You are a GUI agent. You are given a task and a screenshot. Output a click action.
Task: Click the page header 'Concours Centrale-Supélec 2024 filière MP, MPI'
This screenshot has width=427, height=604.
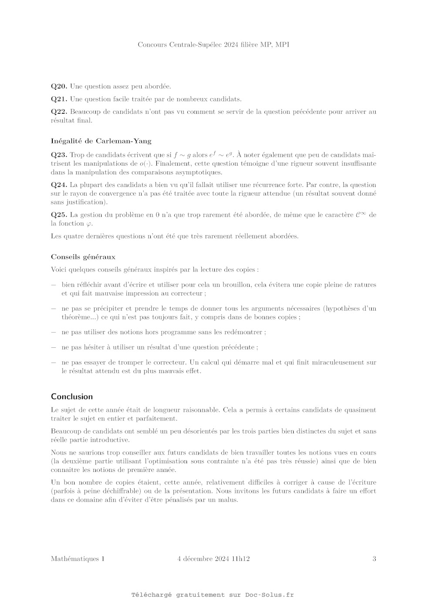click(213, 44)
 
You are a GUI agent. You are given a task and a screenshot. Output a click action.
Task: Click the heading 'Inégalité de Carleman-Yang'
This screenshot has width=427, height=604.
click(101, 141)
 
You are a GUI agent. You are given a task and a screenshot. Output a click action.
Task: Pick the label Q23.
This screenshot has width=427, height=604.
click(59, 155)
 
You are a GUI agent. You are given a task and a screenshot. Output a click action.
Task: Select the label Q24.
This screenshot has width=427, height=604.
click(59, 185)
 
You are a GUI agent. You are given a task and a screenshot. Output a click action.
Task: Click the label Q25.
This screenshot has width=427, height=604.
click(59, 215)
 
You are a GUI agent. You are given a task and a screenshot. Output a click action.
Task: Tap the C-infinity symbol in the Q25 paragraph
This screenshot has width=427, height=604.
click(360, 214)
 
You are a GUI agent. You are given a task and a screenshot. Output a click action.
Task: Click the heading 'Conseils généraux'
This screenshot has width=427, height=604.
click(83, 257)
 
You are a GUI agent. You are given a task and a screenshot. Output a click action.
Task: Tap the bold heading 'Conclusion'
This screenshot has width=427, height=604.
click(72, 397)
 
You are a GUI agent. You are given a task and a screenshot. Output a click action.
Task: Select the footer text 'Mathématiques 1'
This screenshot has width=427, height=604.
click(78, 559)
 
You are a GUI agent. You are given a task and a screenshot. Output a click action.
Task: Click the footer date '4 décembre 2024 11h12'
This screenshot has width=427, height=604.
click(213, 559)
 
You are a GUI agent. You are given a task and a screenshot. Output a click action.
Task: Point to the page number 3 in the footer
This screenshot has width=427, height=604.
click(374, 559)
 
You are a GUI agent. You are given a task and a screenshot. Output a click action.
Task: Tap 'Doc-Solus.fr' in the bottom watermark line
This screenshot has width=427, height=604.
click(269, 595)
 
